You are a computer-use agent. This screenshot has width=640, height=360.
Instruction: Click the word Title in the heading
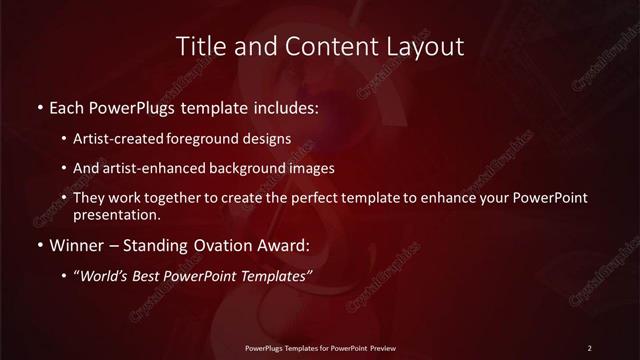(200, 47)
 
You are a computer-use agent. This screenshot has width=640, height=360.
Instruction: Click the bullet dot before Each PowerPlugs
(38, 106)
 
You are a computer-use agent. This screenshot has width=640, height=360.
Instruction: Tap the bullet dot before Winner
(38, 243)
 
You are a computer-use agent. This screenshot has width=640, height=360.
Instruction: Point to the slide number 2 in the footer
(590, 347)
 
